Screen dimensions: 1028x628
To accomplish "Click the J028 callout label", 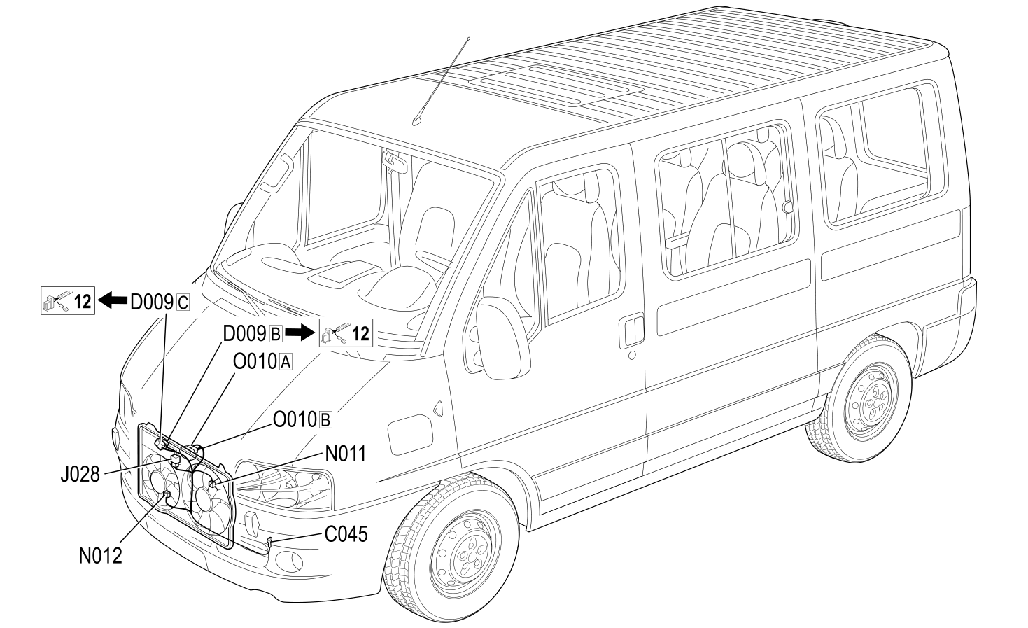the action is pos(80,475).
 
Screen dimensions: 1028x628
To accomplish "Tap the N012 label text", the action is pos(101,556).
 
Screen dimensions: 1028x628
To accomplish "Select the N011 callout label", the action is pos(346,454).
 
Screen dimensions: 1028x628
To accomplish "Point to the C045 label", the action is pos(346,534).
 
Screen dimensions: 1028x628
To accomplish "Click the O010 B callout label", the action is pos(302,419).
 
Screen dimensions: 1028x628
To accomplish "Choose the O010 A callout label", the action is pos(262,362).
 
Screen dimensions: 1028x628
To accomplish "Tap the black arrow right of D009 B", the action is pos(300,333).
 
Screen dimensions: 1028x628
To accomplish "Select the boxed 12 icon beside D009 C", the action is pos(68,300).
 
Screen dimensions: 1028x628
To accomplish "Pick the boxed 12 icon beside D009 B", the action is pos(346,333).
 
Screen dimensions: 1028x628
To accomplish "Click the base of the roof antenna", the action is pos(416,122).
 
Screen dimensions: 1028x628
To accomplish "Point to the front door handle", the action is pos(631,330).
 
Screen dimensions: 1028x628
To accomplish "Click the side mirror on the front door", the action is pos(502,338).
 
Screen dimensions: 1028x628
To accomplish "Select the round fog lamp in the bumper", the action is pos(289,561).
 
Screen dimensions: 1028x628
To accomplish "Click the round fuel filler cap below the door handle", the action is pos(632,355).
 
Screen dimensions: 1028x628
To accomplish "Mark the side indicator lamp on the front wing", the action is pos(438,409).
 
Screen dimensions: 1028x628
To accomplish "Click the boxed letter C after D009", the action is pos(183,303).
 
